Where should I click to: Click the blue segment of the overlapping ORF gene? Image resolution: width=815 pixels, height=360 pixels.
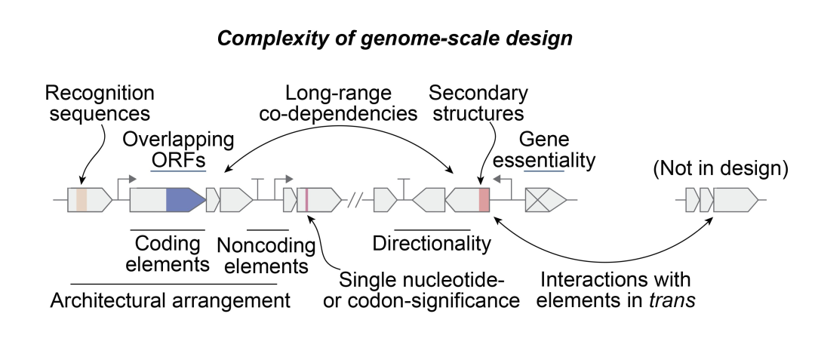184,200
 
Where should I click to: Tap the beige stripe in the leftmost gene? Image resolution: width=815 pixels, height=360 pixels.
81,200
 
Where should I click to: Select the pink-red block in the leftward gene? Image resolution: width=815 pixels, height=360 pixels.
484,200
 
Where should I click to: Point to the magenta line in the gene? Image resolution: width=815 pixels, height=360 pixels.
306,200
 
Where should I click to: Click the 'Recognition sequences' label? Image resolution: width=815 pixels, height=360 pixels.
100,103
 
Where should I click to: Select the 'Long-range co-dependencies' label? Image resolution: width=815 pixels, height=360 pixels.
352,103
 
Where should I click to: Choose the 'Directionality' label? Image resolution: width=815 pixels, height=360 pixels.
432,244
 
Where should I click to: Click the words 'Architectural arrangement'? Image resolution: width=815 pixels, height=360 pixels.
171,300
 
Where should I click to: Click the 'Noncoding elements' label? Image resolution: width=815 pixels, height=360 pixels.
267,255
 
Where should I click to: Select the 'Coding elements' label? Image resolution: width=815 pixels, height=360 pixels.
167,254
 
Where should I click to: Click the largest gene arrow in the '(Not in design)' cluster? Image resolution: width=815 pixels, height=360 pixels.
736,200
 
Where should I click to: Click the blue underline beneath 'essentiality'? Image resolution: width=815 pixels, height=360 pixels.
543,171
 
